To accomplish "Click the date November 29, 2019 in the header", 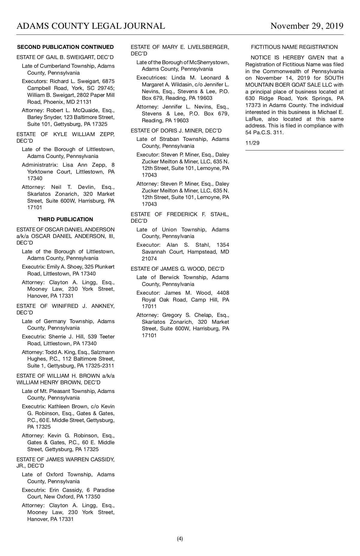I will (307, 26).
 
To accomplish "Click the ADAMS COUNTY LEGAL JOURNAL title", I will (91, 26).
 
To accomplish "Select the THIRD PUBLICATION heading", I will (65, 219).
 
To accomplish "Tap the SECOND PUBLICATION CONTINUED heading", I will (65, 47).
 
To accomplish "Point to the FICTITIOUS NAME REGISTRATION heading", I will (294, 47).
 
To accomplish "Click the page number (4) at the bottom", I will (180, 539).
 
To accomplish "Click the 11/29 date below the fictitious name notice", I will (252, 143).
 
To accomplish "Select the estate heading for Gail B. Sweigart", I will (65, 57).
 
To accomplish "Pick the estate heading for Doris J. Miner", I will (176, 131).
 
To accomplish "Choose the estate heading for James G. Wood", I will (177, 269).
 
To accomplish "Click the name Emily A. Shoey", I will (68, 267).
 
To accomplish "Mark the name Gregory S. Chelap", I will (188, 315).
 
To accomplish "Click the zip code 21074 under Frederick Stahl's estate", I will (149, 259).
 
